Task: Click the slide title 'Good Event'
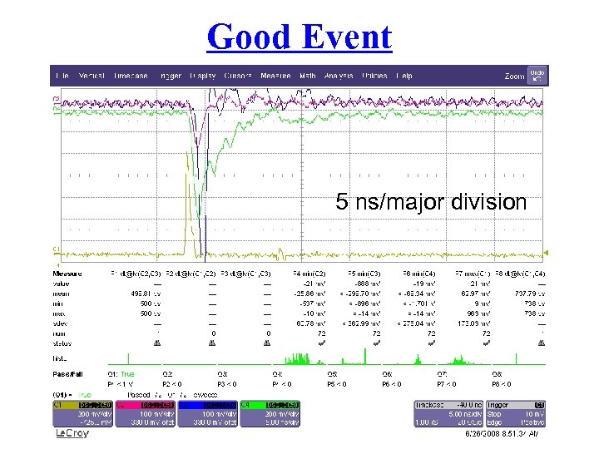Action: pos(299,37)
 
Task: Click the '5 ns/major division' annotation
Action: pos(431,202)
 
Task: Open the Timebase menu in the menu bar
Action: pos(131,76)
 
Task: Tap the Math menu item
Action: pos(308,76)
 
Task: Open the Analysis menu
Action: pos(339,76)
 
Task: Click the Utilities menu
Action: pos(374,76)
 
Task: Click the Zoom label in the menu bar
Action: pos(514,76)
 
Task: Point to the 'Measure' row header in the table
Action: pos(68,273)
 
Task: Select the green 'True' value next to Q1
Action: pos(127,373)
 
